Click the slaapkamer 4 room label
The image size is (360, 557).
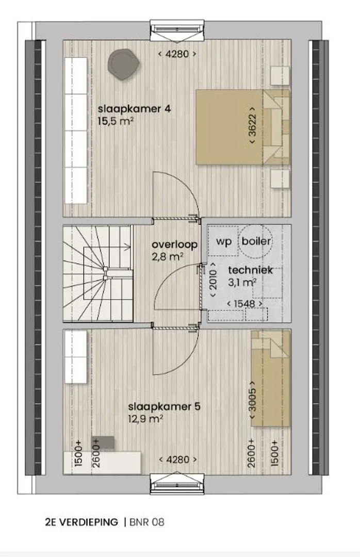click(x=134, y=108)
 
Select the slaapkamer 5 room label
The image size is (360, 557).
click(x=164, y=406)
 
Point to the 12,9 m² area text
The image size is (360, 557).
click(x=146, y=419)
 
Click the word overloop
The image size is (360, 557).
click(x=174, y=244)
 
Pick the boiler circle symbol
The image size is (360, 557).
click(x=256, y=241)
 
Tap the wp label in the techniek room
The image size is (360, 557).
click(x=224, y=241)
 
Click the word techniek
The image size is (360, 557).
click(x=251, y=270)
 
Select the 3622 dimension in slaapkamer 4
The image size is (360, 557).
click(x=252, y=125)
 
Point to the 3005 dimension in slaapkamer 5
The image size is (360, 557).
click(x=252, y=400)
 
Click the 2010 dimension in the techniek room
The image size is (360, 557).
click(x=213, y=281)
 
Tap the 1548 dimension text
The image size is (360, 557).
click(x=245, y=304)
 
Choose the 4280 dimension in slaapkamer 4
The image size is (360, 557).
click(x=177, y=54)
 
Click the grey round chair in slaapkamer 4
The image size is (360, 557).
click(x=123, y=65)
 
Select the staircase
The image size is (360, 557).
click(x=98, y=273)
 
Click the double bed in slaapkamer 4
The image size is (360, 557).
click(x=243, y=127)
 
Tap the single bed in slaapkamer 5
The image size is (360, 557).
click(x=270, y=379)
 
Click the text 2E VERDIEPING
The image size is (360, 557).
click(x=81, y=522)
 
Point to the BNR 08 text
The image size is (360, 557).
click(x=147, y=522)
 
